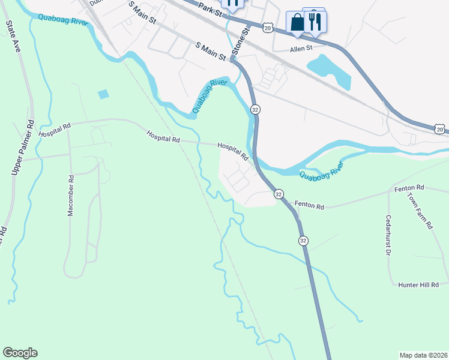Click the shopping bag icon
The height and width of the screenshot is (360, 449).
point(297,22)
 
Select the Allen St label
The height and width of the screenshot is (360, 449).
point(301,49)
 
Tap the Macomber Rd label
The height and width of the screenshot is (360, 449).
point(70,196)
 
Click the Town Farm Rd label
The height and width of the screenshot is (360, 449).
point(420,211)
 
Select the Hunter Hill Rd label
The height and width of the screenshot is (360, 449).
point(418,284)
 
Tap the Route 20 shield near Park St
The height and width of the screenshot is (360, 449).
point(268,28)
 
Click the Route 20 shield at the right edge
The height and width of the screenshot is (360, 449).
point(441,129)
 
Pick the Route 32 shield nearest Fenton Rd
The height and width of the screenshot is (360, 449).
point(279,194)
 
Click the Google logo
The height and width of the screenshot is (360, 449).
point(20,353)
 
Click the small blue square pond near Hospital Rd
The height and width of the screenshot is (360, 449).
point(103,94)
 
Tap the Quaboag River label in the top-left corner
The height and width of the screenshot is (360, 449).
point(63,20)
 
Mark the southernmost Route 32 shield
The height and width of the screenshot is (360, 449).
point(303,240)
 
